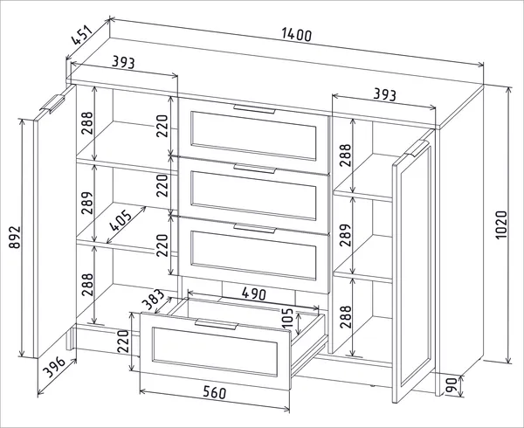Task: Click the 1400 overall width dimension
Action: [296, 35]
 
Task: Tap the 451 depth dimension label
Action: [81, 35]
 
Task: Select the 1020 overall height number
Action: [501, 224]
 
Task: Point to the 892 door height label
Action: [15, 238]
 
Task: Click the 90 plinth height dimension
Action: [452, 386]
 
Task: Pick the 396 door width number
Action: [54, 367]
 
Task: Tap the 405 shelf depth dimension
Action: [121, 220]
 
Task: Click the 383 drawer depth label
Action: [154, 299]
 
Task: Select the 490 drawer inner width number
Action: [254, 294]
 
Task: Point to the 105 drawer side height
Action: [287, 318]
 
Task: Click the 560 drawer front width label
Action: [215, 392]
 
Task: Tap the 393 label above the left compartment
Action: [123, 62]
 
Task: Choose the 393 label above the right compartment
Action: [384, 94]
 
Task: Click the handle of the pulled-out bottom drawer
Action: [217, 324]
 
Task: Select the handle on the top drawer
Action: [254, 109]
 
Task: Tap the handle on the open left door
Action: [52, 104]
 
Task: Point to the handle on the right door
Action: [417, 148]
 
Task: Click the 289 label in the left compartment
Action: [86, 203]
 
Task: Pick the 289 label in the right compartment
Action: [346, 235]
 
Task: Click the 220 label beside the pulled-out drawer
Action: [123, 342]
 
